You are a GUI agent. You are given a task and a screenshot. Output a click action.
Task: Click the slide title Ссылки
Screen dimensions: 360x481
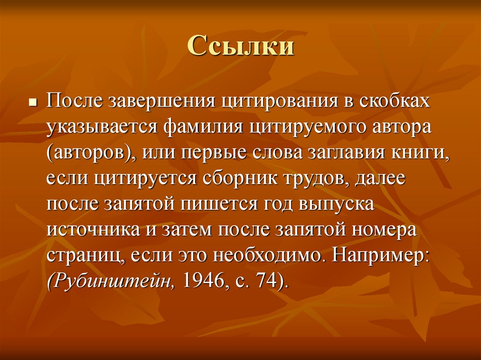tap(240, 47)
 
